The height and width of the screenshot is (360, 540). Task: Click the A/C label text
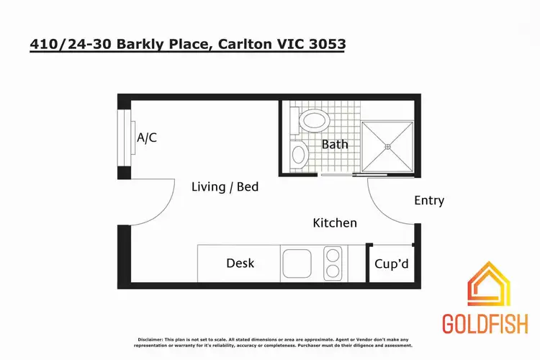pos(147,138)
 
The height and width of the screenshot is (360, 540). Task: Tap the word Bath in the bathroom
pos(334,144)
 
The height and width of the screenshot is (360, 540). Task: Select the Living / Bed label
pos(225,187)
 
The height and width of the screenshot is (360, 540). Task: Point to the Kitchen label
pos(334,223)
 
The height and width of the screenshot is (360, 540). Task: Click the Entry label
pos(429,201)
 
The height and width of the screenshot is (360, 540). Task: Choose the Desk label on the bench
pos(240,264)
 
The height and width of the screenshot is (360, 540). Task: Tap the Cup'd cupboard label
pos(392,264)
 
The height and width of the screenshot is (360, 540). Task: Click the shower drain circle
pos(387,147)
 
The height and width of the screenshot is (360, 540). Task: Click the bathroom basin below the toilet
pos(298,153)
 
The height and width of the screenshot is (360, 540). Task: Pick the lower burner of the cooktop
pos(333,271)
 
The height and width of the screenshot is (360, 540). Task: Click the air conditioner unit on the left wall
pos(125,138)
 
